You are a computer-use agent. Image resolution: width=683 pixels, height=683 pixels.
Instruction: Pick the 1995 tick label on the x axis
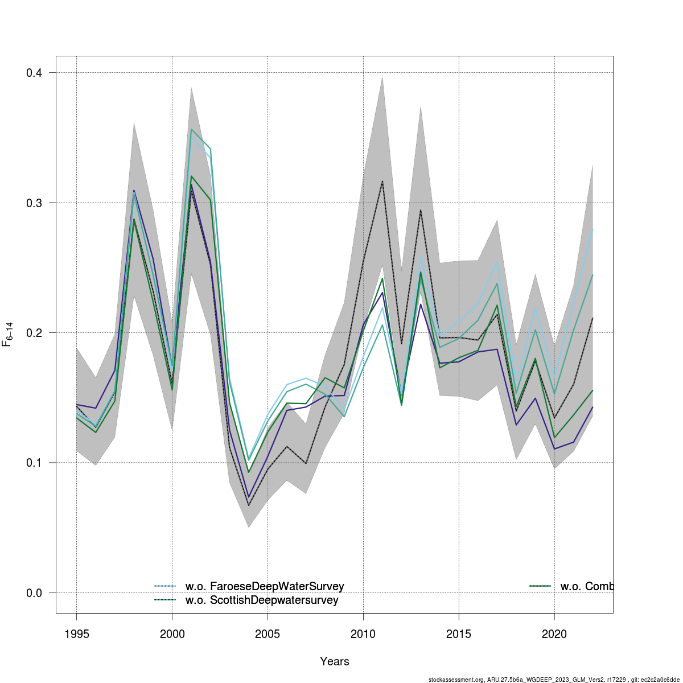(77, 634)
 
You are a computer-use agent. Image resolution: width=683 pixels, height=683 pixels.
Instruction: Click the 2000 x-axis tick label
(172, 634)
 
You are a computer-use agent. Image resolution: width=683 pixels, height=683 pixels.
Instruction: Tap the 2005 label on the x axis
(268, 634)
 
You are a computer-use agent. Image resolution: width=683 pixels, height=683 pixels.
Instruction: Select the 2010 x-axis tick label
(363, 634)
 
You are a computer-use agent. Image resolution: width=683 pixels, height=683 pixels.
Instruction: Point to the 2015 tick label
(459, 634)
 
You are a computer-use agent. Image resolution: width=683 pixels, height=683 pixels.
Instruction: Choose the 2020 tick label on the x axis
(554, 634)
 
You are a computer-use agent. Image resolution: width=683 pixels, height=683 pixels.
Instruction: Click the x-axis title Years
(335, 661)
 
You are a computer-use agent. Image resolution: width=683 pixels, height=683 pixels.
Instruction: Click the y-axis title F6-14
(8, 334)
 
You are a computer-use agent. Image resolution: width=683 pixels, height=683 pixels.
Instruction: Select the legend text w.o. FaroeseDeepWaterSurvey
(265, 586)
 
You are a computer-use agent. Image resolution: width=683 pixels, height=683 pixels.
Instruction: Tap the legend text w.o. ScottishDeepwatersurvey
(262, 600)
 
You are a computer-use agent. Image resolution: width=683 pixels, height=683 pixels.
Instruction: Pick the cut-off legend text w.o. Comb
(587, 586)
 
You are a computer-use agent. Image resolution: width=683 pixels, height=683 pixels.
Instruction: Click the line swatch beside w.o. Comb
(540, 586)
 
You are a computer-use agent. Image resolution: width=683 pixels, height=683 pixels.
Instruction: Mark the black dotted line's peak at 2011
(382, 181)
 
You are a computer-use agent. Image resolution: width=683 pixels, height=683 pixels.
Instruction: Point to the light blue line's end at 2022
(593, 229)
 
